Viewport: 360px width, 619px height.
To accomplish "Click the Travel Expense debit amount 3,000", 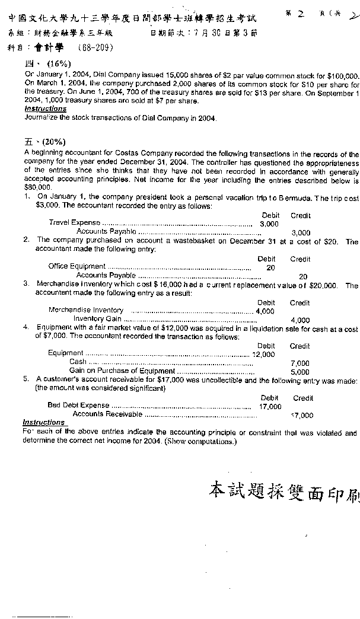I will click(x=269, y=224).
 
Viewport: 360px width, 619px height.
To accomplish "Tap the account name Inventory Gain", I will click(x=97, y=319).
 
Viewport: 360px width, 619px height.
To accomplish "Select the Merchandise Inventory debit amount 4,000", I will click(x=265, y=311).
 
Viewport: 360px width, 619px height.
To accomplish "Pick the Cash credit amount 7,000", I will click(x=300, y=363).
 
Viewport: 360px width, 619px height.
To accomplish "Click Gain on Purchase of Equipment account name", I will click(x=114, y=371).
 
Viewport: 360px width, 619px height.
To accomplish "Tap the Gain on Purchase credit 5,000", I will click(x=300, y=372).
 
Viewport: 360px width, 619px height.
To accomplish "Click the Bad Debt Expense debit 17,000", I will click(x=270, y=407).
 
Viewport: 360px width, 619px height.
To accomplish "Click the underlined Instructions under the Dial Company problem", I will click(x=45, y=109).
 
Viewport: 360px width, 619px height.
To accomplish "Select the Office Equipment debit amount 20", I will click(x=270, y=268).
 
